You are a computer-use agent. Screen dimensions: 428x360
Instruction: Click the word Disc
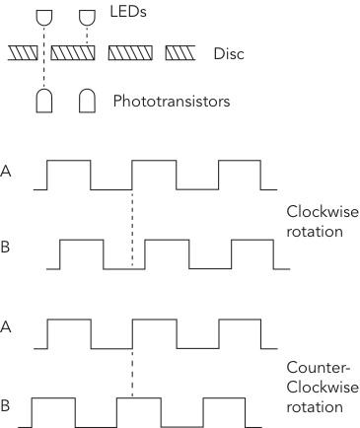229,53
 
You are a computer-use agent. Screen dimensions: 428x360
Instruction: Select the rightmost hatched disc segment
181,53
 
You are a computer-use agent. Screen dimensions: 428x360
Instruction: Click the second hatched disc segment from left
75,53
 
